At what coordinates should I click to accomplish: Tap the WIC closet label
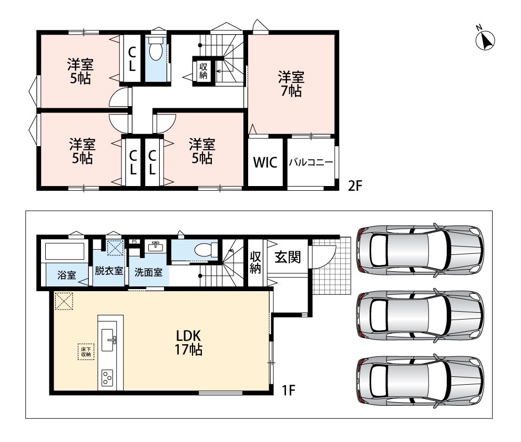click(265, 162)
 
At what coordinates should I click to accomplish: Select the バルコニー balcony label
click(311, 162)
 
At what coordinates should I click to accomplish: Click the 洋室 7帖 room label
click(291, 84)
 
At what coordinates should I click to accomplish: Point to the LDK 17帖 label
click(188, 343)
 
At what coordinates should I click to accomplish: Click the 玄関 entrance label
click(288, 256)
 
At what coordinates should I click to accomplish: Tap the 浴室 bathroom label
click(67, 275)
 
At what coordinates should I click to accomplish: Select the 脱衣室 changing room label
click(109, 271)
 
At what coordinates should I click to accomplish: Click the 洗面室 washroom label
click(149, 272)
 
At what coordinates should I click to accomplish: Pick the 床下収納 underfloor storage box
click(86, 352)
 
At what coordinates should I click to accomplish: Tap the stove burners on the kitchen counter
click(108, 377)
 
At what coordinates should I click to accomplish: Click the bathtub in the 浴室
click(65, 251)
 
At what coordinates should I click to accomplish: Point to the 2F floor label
click(354, 186)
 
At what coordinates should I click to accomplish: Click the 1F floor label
click(289, 390)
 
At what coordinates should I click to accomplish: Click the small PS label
click(134, 241)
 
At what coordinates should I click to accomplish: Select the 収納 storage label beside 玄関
click(255, 262)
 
